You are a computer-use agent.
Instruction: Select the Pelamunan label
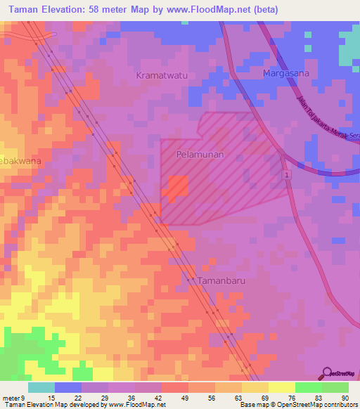(x=200, y=153)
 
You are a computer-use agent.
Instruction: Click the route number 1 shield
(x=287, y=174)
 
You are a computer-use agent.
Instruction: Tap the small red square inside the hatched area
(x=177, y=186)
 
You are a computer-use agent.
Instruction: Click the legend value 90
(x=343, y=397)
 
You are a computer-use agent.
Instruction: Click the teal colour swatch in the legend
(x=41, y=387)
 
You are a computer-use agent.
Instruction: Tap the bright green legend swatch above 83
(x=308, y=387)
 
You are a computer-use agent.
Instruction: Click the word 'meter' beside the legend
(x=12, y=397)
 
